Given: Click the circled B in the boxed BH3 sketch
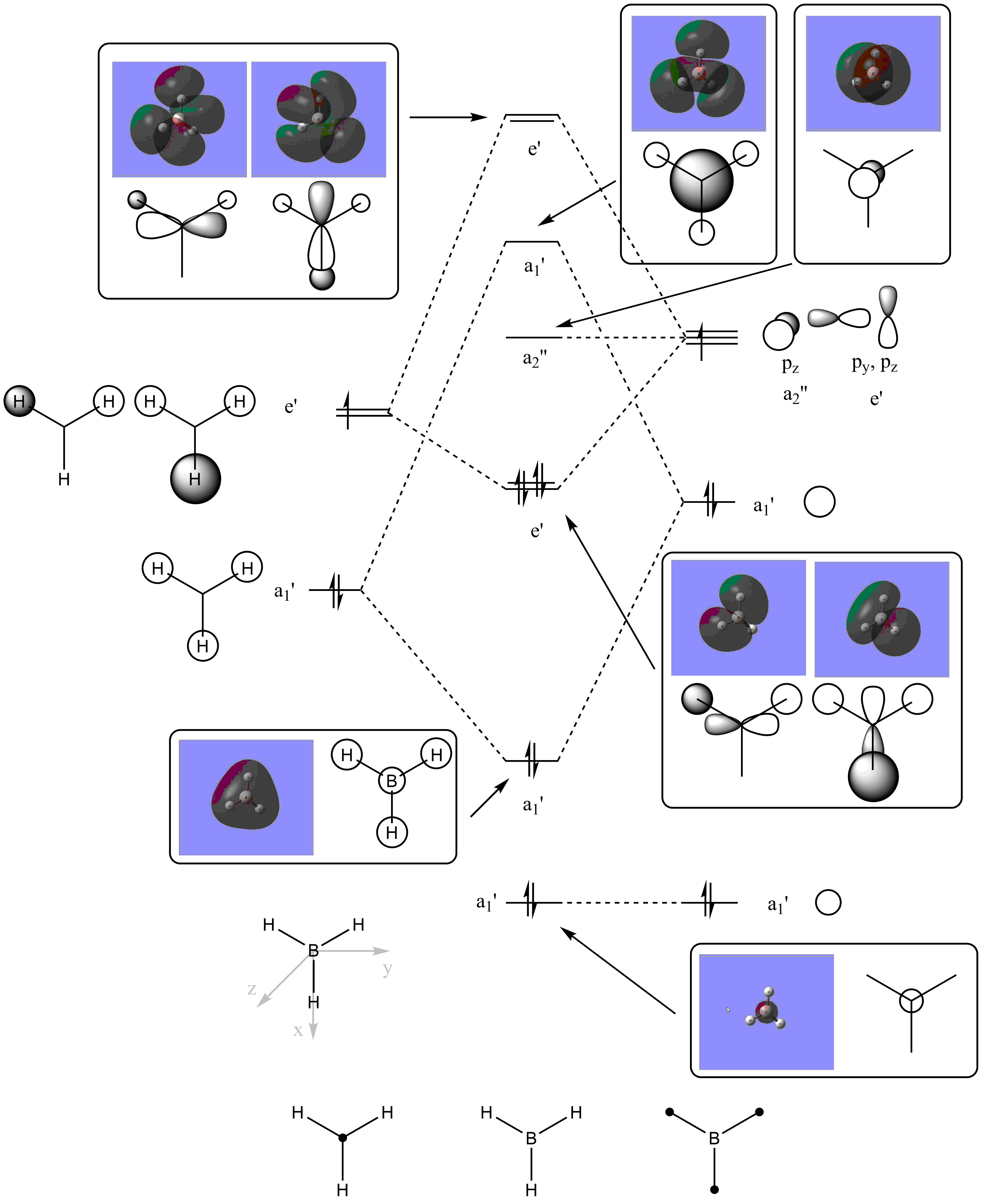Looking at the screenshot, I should point(391,781).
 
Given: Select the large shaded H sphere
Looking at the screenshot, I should point(195,478).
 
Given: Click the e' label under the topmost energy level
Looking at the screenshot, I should point(534,149).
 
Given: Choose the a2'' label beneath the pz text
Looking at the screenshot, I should point(795,395).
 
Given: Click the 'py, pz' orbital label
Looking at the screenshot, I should point(874,364).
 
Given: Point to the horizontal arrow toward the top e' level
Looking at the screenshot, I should point(448,117).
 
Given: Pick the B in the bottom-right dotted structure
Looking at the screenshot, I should point(715,1138).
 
